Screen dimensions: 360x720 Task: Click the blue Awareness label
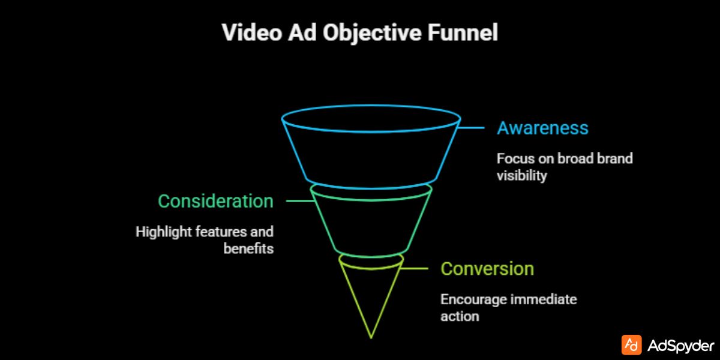tap(542, 128)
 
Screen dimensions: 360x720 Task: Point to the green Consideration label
tap(215, 201)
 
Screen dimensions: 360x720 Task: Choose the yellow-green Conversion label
tap(487, 268)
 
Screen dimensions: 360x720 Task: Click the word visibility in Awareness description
tap(521, 176)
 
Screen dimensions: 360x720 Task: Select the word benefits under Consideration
tap(248, 248)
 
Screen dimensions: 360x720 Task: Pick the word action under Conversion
tap(460, 316)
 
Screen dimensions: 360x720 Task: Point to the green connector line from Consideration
tap(298, 201)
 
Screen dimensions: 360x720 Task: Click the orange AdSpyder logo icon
tap(632, 345)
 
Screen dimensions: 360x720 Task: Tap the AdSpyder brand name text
tap(680, 346)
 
